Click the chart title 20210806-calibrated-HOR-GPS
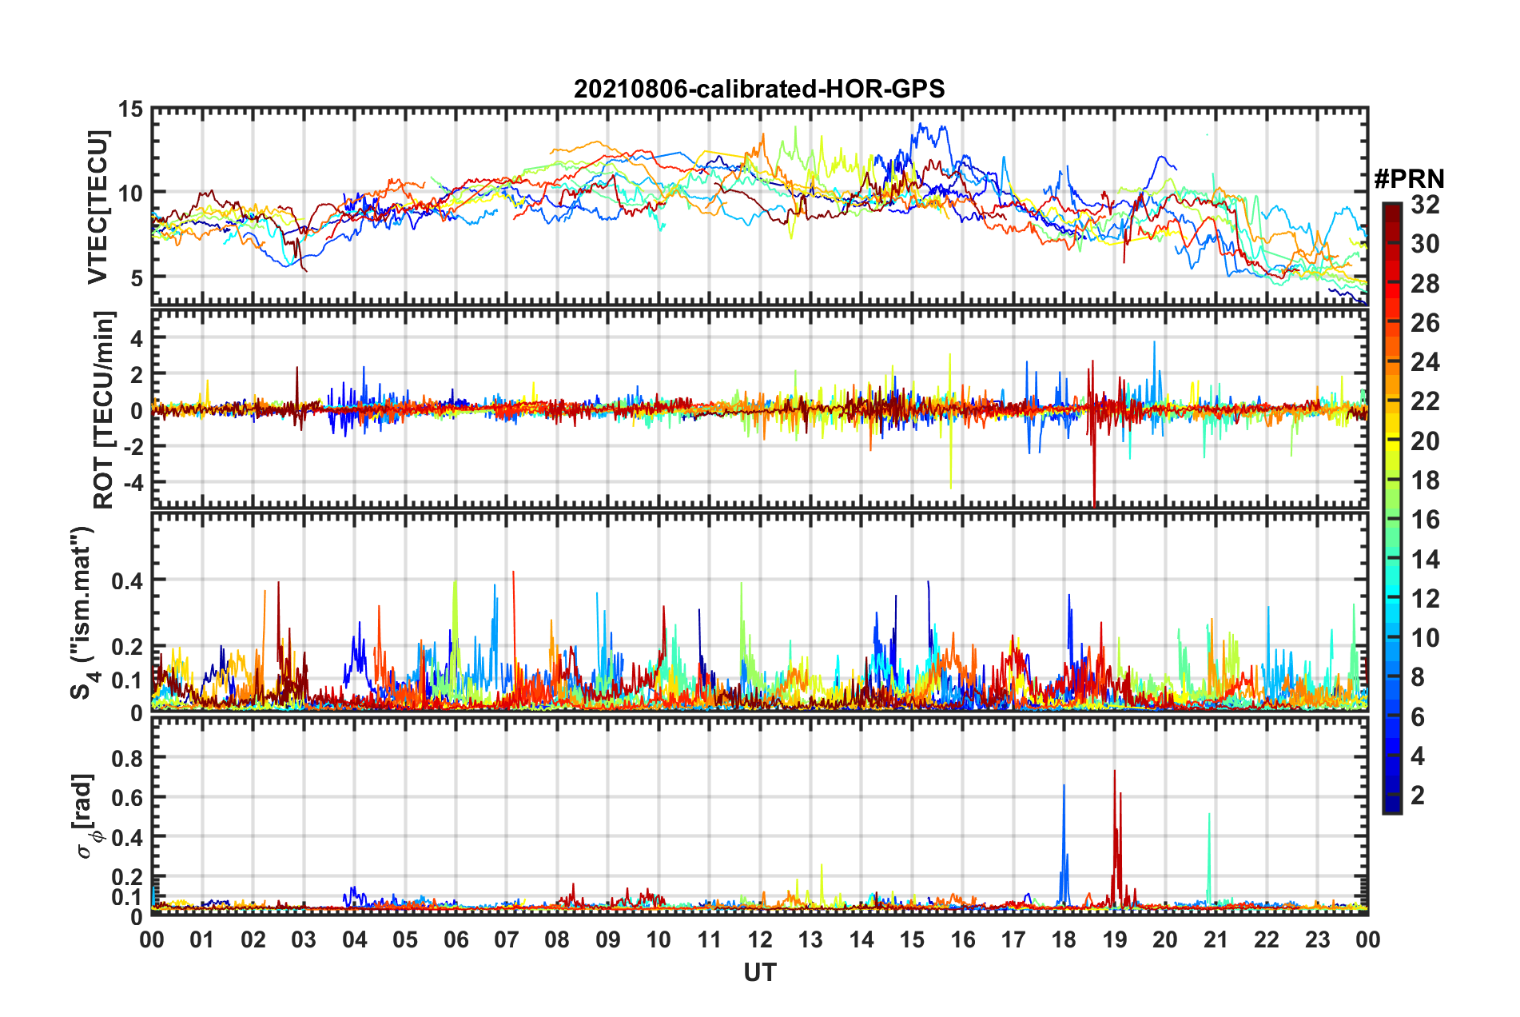coord(759,88)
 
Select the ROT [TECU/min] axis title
coord(104,410)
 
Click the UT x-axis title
coord(759,972)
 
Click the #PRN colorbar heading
coord(1409,179)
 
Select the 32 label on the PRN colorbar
coord(1425,205)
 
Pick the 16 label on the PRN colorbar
coord(1425,520)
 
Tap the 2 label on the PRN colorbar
coord(1418,796)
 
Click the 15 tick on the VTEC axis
coord(130,109)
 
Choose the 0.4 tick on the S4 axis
coord(127,580)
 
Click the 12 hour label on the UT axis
coord(760,939)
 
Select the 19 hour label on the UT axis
coord(1115,939)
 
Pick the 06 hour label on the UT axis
coord(456,939)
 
